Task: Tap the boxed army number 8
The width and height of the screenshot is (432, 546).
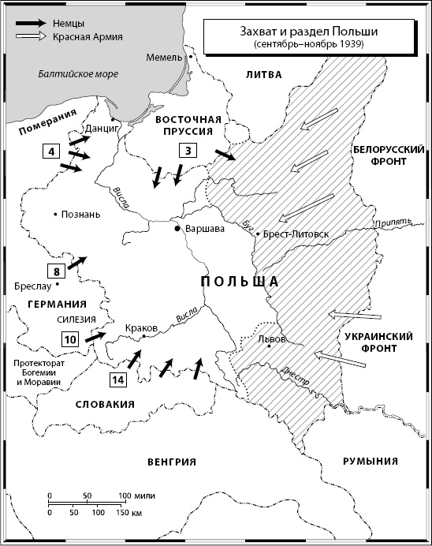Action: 57,271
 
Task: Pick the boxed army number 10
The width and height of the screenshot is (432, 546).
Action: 69,339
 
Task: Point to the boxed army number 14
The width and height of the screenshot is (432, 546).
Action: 117,380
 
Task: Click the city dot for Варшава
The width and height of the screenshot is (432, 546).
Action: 178,229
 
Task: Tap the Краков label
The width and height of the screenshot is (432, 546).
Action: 143,327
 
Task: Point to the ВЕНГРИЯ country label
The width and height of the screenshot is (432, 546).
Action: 171,462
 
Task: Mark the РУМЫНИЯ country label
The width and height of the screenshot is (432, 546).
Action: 370,462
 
